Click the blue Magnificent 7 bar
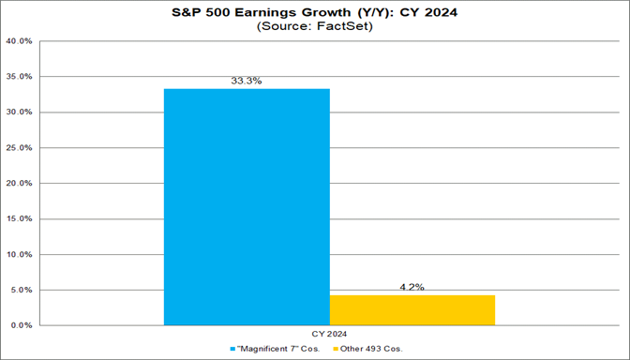(x=247, y=206)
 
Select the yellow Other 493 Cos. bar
(x=412, y=310)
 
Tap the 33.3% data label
(x=247, y=82)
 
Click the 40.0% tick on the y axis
(x=21, y=41)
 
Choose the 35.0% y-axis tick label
(x=21, y=77)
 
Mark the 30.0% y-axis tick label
(x=21, y=112)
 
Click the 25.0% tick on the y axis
(x=21, y=148)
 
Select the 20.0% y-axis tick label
(x=21, y=184)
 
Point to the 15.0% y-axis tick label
(x=21, y=219)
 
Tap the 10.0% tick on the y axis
(x=21, y=254)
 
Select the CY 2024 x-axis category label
(x=329, y=335)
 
